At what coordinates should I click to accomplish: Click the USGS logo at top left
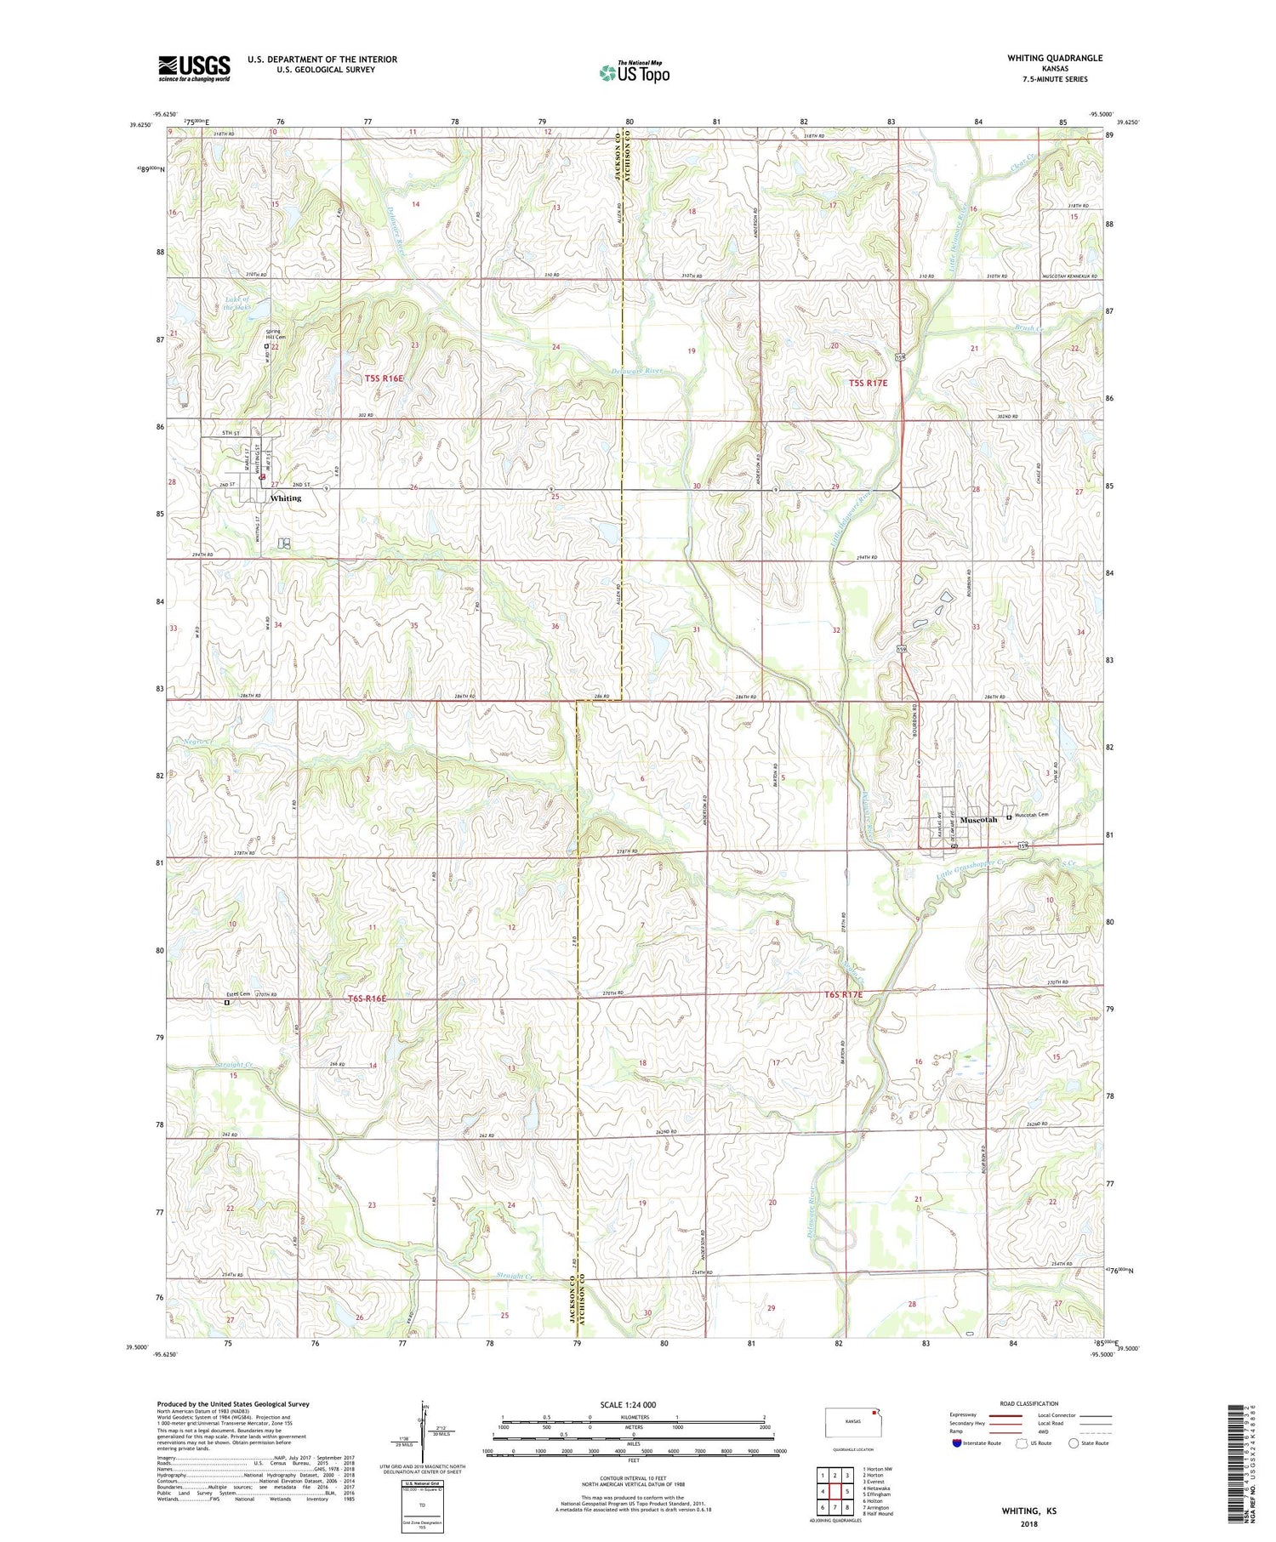(x=194, y=68)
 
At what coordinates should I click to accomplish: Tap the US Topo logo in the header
(x=635, y=73)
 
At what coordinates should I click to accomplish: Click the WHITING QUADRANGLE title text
(x=1054, y=58)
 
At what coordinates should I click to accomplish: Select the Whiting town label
(x=286, y=498)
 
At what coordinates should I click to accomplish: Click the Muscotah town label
(x=977, y=820)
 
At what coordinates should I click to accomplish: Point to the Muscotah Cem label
(x=1033, y=816)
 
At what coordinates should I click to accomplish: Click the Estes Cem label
(x=237, y=994)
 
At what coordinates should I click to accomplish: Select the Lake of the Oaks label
(x=237, y=304)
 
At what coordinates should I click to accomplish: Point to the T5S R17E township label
(x=868, y=383)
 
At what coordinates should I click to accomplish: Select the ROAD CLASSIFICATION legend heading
(x=1029, y=1403)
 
